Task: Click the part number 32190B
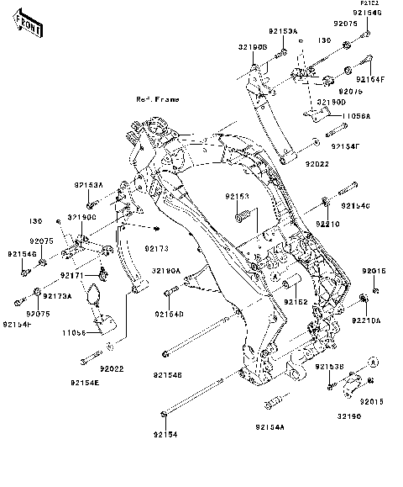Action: pos(252,48)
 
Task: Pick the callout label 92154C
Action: pos(354,206)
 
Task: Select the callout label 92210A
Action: pos(366,320)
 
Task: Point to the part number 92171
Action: pos(73,275)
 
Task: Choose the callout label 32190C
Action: pos(82,216)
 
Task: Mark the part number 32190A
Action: pos(166,271)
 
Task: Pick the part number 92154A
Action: pos(270,427)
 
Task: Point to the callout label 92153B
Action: pos(331,368)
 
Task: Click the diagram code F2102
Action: pos(370,4)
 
